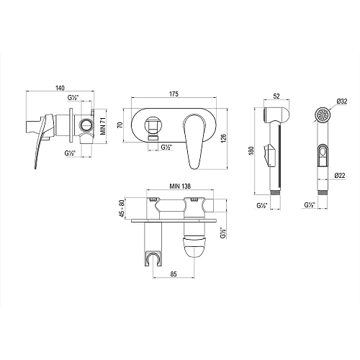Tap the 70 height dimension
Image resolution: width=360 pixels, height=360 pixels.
[123, 123]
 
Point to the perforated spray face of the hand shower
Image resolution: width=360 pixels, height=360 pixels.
[325, 116]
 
